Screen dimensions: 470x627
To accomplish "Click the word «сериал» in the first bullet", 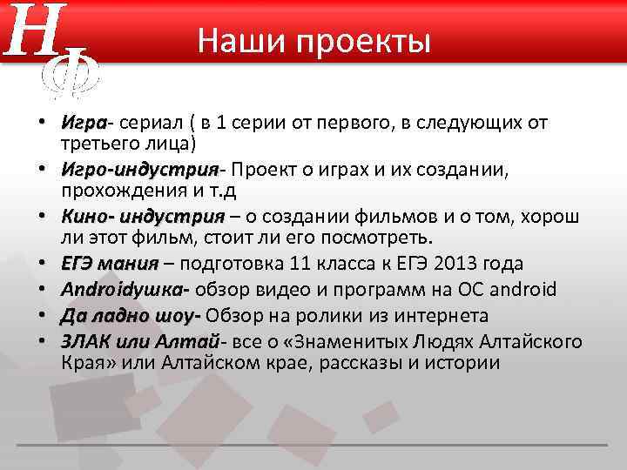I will tap(150, 123).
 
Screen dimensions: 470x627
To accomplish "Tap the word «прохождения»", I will tap(118, 189).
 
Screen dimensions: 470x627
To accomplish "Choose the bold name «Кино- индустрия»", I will tap(142, 217).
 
